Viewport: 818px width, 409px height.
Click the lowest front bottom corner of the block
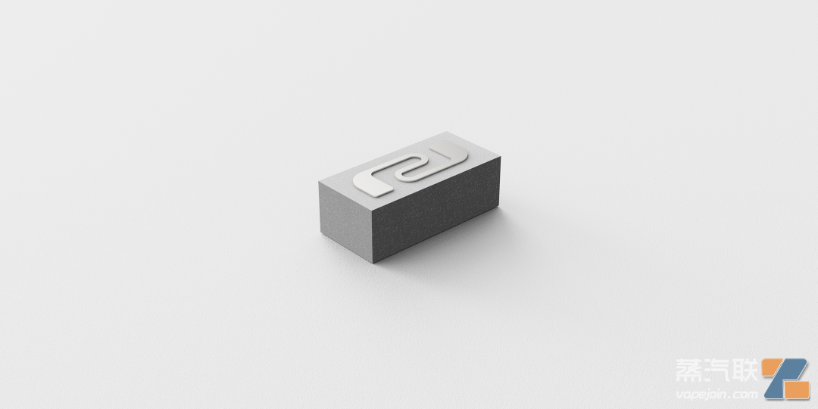tap(374, 262)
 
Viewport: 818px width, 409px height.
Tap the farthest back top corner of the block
tap(447, 132)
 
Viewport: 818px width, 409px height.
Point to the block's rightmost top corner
tap(501, 158)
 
